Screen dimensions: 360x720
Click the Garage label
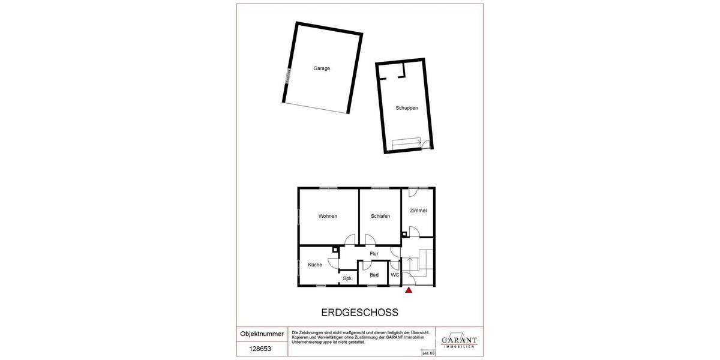tap(322, 68)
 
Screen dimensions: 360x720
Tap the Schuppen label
tap(406, 108)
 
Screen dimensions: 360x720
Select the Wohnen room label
tap(328, 216)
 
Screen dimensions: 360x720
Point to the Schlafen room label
tap(380, 216)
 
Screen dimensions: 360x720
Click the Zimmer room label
tap(418, 211)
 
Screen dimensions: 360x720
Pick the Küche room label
tap(315, 265)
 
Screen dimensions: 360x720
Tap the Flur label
tap(374, 254)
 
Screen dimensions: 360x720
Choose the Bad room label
tap(374, 275)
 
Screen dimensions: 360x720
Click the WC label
tap(395, 275)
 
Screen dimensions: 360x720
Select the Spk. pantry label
tap(347, 278)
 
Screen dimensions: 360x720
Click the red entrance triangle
tap(409, 290)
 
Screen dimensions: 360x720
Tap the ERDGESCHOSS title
tap(360, 313)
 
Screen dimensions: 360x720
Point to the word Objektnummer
tap(262, 334)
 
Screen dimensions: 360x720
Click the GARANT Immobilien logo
tap(459, 341)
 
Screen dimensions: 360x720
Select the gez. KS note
tap(428, 354)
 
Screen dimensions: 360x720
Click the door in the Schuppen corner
tap(426, 144)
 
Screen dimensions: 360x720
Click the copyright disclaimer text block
tap(360, 337)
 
